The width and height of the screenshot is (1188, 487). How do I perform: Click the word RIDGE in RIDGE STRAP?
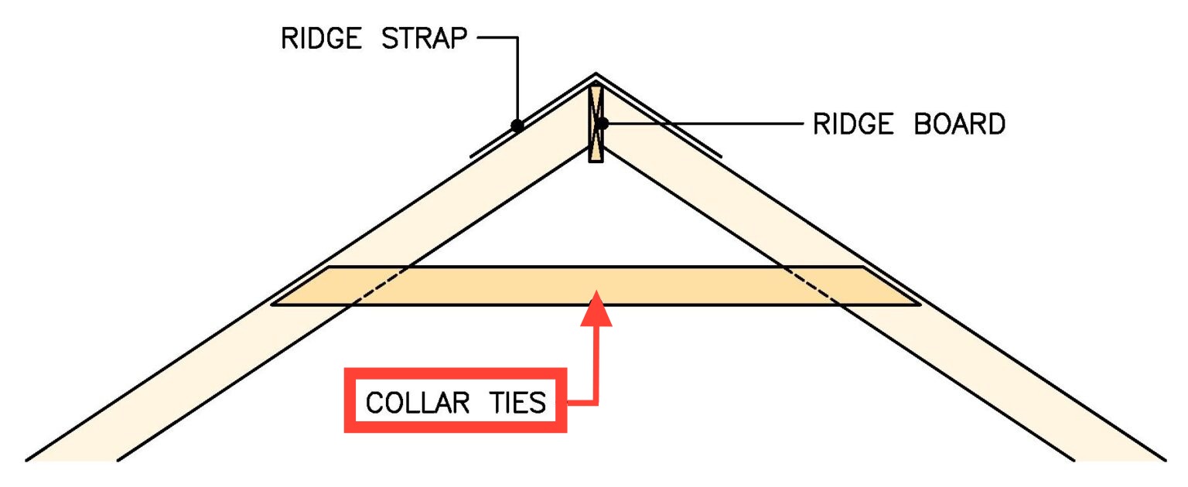[x=319, y=39]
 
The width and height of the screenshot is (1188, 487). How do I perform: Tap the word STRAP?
[x=424, y=39]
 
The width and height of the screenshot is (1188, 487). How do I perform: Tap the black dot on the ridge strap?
[x=517, y=125]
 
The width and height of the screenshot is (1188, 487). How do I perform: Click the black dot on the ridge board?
[x=602, y=123]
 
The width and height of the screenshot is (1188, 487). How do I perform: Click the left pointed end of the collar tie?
[x=275, y=304]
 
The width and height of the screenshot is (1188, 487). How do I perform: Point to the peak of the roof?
[x=596, y=74]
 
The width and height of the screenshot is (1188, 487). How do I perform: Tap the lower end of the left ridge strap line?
[x=471, y=157]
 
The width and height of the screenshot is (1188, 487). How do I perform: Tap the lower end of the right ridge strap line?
[x=720, y=157]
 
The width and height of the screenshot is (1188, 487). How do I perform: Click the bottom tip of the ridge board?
[x=596, y=161]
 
